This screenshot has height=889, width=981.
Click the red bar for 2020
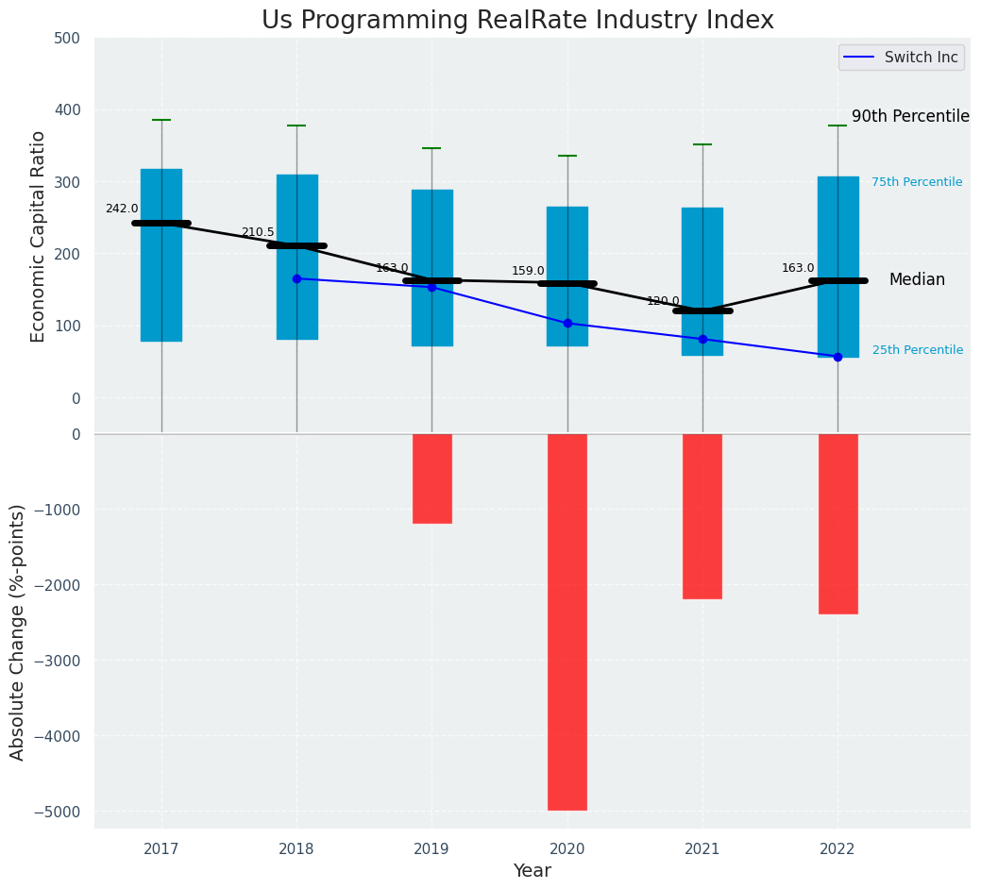[x=567, y=621]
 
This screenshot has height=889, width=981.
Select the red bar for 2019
[x=431, y=478]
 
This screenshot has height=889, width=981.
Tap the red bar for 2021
[x=702, y=516]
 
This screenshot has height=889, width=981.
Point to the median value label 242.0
[x=122, y=209]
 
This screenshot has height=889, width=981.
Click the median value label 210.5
[x=258, y=232]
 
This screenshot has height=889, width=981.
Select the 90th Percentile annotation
[x=910, y=116]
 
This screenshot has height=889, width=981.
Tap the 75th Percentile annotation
[x=917, y=182]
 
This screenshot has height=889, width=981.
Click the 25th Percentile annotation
[x=917, y=350]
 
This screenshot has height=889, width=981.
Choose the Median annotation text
[x=917, y=280]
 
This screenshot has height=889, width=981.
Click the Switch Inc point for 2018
[x=296, y=278]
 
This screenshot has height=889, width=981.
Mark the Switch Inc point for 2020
[x=567, y=323]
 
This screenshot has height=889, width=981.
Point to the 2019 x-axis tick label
[x=431, y=849]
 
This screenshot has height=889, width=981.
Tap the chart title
[x=517, y=21]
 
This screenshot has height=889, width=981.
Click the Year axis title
[x=532, y=871]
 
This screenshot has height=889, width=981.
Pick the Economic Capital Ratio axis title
[x=39, y=236]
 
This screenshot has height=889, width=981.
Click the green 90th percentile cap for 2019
[x=431, y=148]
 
